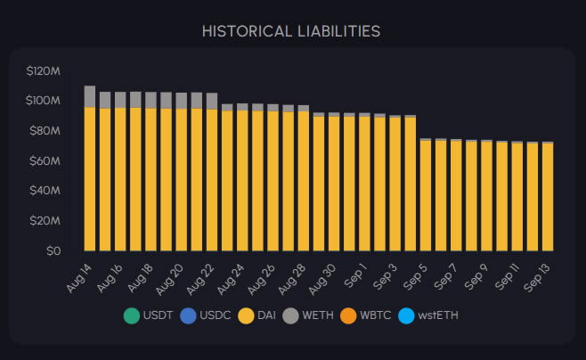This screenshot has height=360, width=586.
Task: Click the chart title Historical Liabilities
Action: (x=291, y=31)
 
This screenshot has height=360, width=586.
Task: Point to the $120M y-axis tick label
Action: (x=43, y=70)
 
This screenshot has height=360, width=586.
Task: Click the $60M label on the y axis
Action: (x=45, y=160)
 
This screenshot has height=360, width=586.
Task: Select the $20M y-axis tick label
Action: (x=45, y=221)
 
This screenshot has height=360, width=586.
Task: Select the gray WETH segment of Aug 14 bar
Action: (x=90, y=96)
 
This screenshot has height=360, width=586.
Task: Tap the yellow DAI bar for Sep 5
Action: (x=425, y=195)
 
